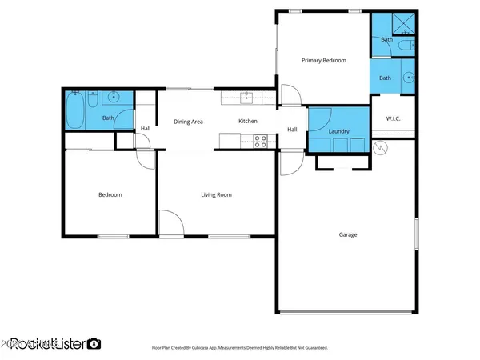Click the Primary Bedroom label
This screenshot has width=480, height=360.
[x=323, y=60]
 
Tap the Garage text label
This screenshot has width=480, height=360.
[x=347, y=234]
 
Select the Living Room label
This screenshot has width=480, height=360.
[x=216, y=194]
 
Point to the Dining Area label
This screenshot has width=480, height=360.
[x=189, y=121]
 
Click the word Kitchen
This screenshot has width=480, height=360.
[x=248, y=121]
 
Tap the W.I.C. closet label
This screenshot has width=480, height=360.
[x=393, y=119]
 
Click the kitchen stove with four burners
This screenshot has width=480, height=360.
[x=260, y=141]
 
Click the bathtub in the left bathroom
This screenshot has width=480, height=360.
[x=76, y=110]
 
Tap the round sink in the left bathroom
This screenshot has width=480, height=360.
[x=113, y=98]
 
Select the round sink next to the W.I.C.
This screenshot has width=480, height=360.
[x=408, y=78]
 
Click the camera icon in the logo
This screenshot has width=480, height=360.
[x=94, y=343]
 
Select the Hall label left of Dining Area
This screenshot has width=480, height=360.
[x=146, y=129]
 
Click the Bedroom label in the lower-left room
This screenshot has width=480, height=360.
[x=110, y=194]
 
